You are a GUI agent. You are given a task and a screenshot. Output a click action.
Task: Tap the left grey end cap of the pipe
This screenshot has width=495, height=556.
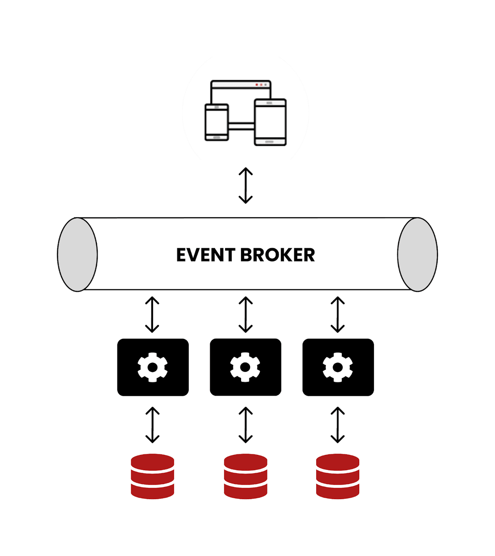(x=77, y=255)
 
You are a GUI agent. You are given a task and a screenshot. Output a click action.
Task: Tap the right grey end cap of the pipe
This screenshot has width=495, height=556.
(x=418, y=255)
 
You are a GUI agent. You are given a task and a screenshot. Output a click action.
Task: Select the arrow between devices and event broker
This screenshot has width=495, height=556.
(x=246, y=185)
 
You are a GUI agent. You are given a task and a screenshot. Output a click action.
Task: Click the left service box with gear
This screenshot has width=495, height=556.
(x=153, y=367)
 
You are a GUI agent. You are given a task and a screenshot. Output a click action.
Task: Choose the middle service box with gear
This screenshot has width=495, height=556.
(x=246, y=367)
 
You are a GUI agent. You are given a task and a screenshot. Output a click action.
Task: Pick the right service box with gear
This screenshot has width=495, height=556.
(x=338, y=367)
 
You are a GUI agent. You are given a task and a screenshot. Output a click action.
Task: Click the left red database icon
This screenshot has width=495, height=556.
(x=153, y=476)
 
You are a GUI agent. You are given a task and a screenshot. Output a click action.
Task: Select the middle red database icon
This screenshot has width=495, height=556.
(x=246, y=476)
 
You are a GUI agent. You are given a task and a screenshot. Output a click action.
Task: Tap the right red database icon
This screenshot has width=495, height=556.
(x=338, y=476)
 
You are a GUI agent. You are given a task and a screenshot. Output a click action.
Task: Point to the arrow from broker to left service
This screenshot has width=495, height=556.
(x=152, y=315)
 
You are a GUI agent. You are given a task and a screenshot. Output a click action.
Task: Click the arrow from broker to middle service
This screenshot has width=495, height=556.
(x=246, y=315)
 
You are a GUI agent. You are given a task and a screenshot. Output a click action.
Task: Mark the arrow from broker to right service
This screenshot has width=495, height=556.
(x=338, y=315)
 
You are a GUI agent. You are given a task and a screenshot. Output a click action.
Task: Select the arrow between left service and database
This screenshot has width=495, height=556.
(x=152, y=425)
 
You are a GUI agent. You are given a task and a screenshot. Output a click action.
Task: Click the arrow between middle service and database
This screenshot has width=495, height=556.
(x=246, y=425)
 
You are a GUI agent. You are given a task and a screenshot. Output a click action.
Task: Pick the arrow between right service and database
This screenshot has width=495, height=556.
(x=338, y=425)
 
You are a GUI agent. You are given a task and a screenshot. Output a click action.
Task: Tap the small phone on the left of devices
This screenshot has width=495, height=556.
(x=216, y=122)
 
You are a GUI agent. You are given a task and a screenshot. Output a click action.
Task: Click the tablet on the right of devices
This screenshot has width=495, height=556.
(x=270, y=122)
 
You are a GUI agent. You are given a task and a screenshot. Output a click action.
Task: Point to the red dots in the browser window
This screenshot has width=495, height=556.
(x=259, y=85)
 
